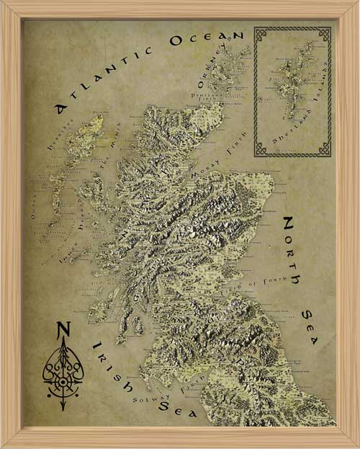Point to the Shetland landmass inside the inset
coord(288,79)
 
